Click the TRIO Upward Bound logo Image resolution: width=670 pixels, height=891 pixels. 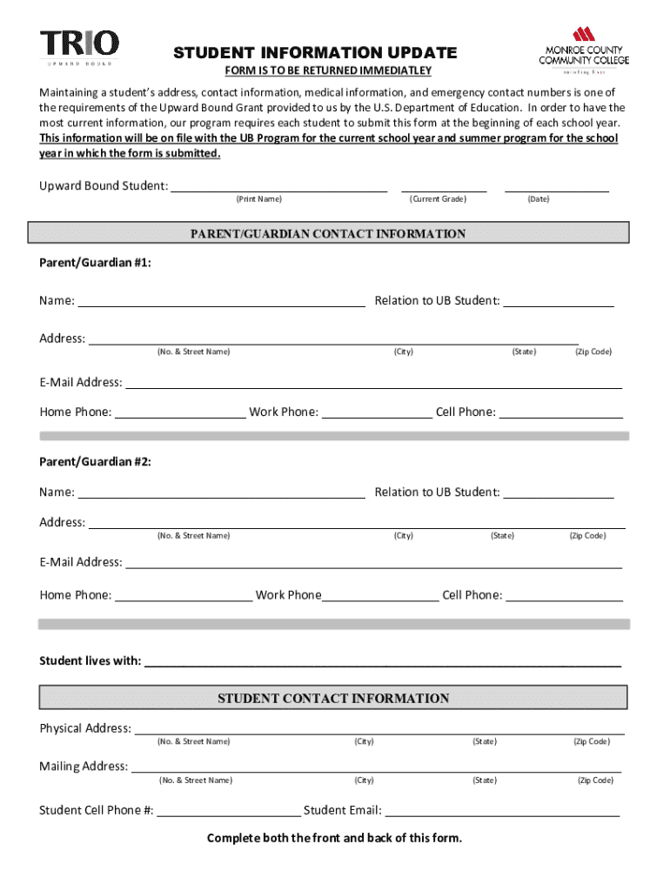point(79,47)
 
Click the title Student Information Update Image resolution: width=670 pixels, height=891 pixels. point(314,53)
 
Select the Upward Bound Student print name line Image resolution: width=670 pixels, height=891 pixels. point(278,185)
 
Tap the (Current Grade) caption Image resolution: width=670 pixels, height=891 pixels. point(438,199)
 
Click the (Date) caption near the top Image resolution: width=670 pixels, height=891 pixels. point(538,199)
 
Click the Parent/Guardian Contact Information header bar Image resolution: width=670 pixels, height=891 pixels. point(328,234)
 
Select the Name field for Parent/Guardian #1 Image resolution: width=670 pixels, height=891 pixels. point(221,301)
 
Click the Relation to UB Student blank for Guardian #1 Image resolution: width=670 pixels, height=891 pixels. point(558,301)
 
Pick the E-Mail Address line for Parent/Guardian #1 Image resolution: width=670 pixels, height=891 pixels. point(373,383)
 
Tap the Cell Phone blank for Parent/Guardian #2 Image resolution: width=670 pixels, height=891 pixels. point(564,596)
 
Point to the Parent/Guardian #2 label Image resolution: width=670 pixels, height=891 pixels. point(95,462)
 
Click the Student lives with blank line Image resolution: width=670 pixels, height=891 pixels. point(382,661)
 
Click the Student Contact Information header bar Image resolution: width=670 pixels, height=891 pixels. point(333,698)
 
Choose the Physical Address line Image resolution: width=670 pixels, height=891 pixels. point(379,729)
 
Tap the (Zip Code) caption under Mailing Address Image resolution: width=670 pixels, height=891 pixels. point(595,780)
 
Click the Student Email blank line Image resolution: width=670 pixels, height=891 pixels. point(502,811)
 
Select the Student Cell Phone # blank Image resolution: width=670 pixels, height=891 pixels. point(229,811)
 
